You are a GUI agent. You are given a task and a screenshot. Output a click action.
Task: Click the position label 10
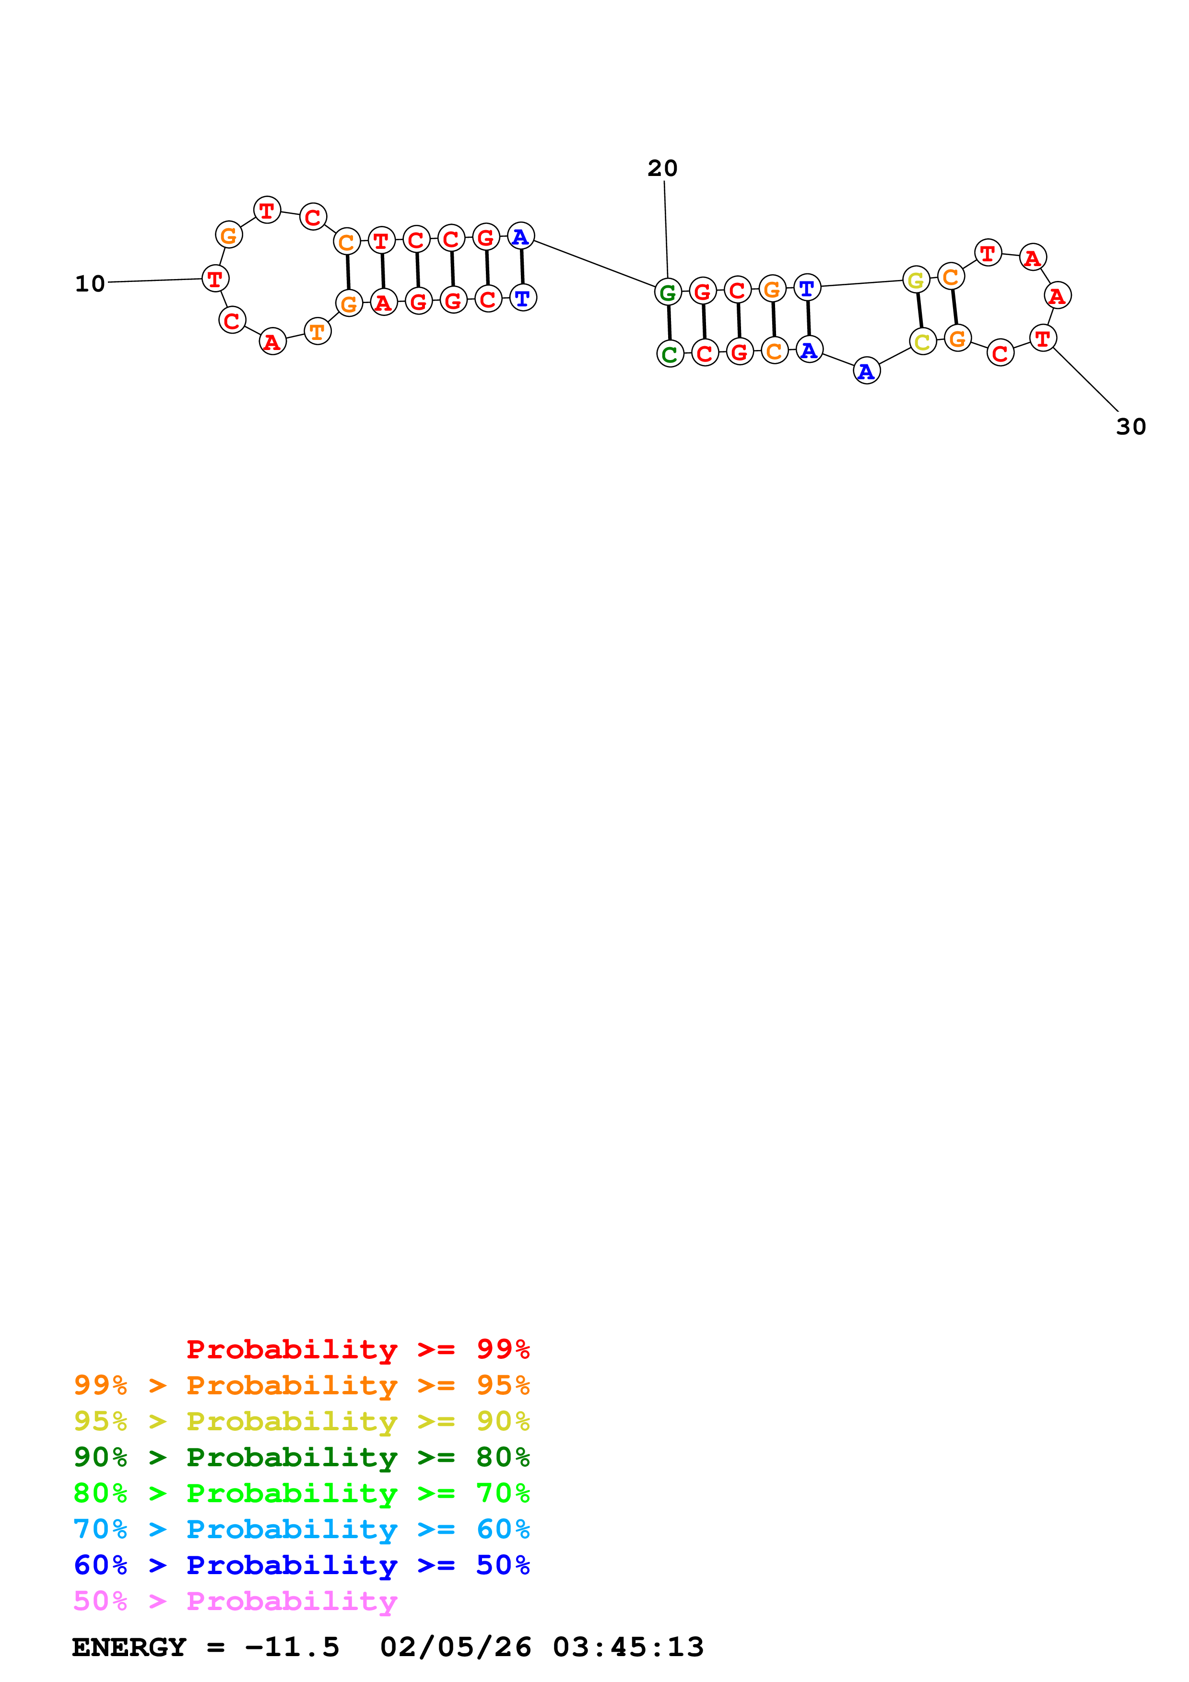coord(90,283)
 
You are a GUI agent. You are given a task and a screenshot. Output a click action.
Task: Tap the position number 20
coord(662,168)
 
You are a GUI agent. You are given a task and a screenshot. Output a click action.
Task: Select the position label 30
coord(1130,426)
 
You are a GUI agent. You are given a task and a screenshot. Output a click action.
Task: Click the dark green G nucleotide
coord(667,292)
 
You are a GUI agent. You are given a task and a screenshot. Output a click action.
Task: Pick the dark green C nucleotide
coord(670,354)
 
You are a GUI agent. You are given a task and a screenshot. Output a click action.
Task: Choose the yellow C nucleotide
coord(922,341)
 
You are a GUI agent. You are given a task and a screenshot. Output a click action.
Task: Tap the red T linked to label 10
coord(215,279)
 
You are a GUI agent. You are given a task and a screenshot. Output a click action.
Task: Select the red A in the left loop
coord(272,341)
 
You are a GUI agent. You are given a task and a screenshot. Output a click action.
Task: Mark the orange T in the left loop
coord(317,331)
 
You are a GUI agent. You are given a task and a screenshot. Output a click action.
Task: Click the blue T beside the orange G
coord(807,288)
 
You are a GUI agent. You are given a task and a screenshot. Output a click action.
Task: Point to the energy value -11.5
coord(292,1647)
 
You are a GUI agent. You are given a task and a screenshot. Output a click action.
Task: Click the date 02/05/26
coord(456,1647)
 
